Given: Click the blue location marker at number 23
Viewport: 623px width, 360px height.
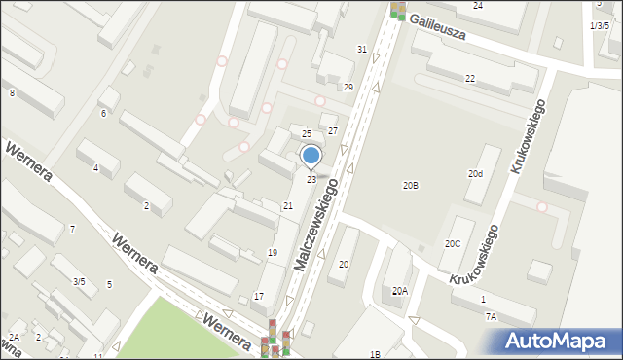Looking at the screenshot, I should click(x=311, y=156).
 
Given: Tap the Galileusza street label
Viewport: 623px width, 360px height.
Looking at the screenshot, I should click(x=437, y=26).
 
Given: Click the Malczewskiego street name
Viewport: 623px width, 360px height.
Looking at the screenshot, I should click(x=322, y=224).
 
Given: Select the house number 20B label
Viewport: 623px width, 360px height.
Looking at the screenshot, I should click(x=411, y=185).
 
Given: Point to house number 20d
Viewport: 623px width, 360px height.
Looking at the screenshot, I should click(x=474, y=174).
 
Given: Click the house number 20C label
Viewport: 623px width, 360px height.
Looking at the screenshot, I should click(x=453, y=244).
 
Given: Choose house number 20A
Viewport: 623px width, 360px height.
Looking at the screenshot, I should click(x=399, y=291).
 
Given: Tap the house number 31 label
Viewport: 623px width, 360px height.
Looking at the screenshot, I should click(x=362, y=49).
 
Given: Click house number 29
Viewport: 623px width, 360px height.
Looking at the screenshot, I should click(x=348, y=88).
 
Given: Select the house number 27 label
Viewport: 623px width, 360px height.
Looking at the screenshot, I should click(x=332, y=130).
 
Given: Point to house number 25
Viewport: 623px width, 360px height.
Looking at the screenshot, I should click(x=306, y=133).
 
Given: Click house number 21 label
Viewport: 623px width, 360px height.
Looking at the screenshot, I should click(x=287, y=206).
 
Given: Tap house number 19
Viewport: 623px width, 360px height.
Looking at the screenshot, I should click(x=273, y=253).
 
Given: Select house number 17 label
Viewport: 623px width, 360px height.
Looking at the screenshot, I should click(x=258, y=296).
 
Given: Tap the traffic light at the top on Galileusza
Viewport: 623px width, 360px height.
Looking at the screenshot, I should click(x=397, y=10).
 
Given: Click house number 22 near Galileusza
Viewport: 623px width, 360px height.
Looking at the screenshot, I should click(x=469, y=78).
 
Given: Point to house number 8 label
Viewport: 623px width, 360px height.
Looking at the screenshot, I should click(x=12, y=92).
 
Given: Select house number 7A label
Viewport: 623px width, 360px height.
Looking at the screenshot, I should click(x=491, y=316).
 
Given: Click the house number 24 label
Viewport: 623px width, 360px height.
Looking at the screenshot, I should click(x=477, y=6).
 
